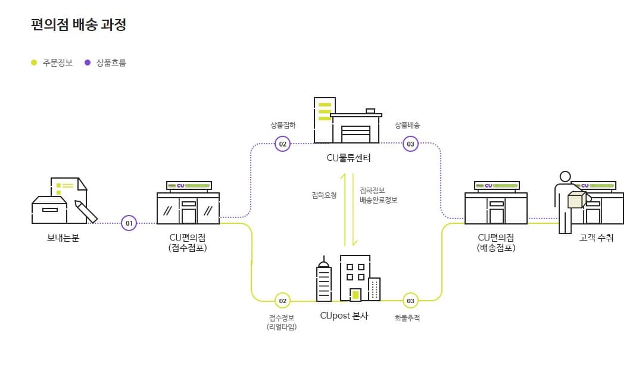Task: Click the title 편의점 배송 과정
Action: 78,25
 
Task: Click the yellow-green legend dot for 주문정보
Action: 34,62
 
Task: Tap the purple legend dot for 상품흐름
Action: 88,62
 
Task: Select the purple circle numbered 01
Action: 129,223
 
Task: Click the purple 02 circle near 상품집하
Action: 282,143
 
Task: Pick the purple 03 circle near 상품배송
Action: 410,143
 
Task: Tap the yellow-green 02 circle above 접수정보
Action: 282,301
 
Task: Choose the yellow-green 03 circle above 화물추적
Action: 410,301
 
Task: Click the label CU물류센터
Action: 348,158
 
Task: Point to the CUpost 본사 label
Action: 344,316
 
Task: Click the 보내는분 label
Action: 63,238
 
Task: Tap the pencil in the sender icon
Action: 86,212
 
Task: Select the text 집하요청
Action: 324,195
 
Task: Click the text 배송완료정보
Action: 378,200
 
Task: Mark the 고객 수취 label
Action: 596,238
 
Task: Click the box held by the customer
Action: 575,201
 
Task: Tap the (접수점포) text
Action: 188,248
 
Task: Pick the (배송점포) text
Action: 495,248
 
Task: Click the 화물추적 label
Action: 407,318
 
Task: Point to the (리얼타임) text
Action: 281,327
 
